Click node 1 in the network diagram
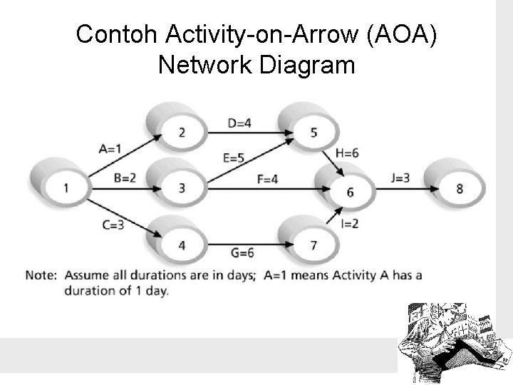click(x=66, y=188)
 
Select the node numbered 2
click(x=182, y=132)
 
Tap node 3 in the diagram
click(x=182, y=188)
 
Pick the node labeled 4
click(x=182, y=245)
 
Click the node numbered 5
click(x=313, y=132)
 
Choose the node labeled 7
click(x=313, y=245)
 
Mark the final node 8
click(x=459, y=188)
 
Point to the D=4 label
click(x=240, y=123)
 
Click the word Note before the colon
click(x=41, y=276)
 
